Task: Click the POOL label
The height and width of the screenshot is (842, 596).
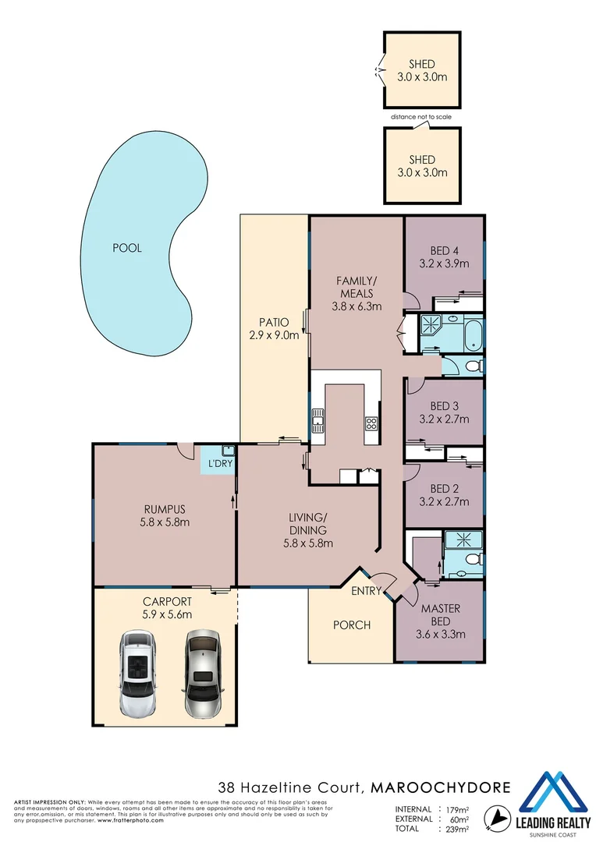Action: (x=127, y=248)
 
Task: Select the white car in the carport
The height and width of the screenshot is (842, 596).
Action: (x=138, y=674)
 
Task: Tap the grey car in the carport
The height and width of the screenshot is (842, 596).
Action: (x=203, y=674)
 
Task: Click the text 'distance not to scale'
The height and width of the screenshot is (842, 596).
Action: (x=421, y=117)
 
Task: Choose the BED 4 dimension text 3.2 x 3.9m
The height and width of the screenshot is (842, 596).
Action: (x=444, y=264)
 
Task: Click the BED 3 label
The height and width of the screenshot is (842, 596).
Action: (x=444, y=405)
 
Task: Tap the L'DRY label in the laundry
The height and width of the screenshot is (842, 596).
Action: (x=218, y=464)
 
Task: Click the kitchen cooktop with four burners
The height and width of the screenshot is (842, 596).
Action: (x=371, y=424)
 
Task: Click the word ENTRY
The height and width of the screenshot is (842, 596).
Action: (x=365, y=591)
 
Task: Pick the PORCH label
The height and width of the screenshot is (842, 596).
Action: (x=351, y=624)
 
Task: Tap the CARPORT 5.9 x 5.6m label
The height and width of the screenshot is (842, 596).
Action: (x=167, y=608)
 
